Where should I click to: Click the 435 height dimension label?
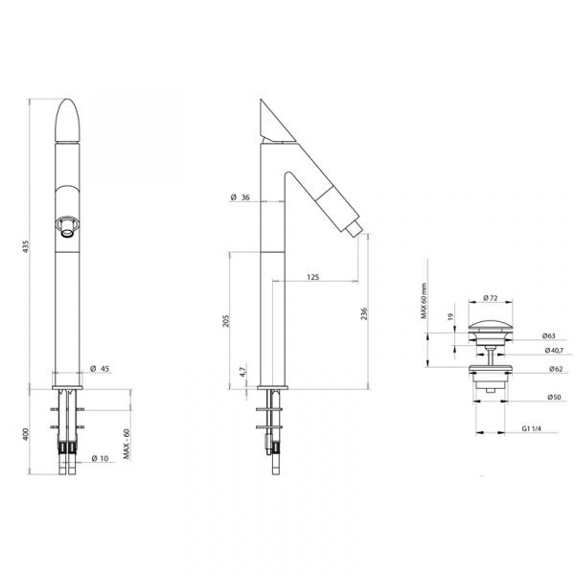pyautogui.click(x=25, y=246)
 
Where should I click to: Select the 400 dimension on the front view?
pyautogui.click(x=25, y=434)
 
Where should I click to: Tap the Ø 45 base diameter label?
pyautogui.click(x=100, y=369)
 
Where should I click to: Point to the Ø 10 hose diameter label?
pyautogui.click(x=100, y=458)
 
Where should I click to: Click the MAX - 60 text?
pyautogui.click(x=126, y=444)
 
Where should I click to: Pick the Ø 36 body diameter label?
pyautogui.click(x=241, y=197)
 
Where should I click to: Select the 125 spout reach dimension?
pyautogui.click(x=312, y=277)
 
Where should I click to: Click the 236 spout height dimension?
pyautogui.click(x=364, y=314)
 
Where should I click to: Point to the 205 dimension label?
pyautogui.click(x=226, y=321)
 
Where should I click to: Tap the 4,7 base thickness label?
pyautogui.click(x=242, y=372)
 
